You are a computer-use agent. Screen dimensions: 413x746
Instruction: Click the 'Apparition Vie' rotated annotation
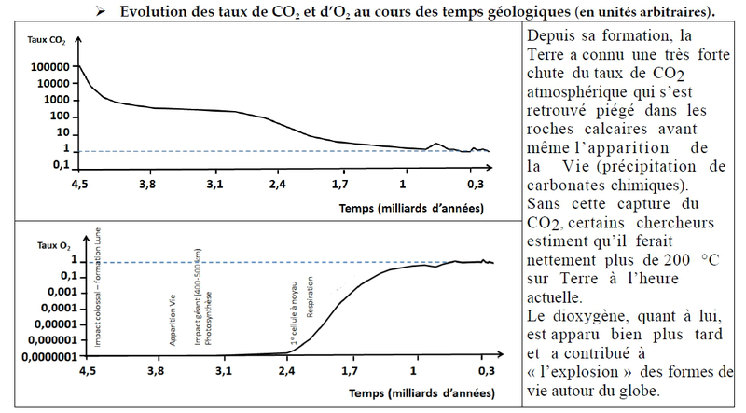pyautogui.click(x=173, y=322)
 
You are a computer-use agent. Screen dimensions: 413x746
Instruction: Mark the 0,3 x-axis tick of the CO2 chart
pyautogui.click(x=476, y=186)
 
